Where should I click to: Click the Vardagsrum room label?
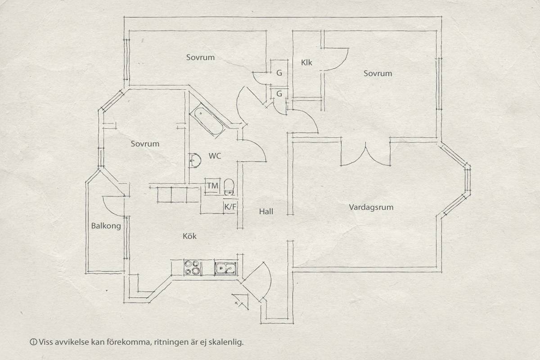pyautogui.click(x=371, y=207)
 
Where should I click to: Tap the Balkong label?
pyautogui.click(x=106, y=226)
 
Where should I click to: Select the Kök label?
pyautogui.click(x=189, y=236)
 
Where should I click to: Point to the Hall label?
pyautogui.click(x=266, y=211)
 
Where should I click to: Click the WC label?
pyautogui.click(x=215, y=156)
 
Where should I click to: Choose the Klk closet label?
pyautogui.click(x=306, y=63)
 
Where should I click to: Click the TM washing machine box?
pyautogui.click(x=212, y=186)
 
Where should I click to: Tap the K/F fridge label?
pyautogui.click(x=230, y=207)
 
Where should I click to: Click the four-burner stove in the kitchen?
pyautogui.click(x=192, y=267)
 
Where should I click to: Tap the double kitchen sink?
pyautogui.click(x=226, y=268)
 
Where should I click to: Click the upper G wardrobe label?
pyautogui.click(x=279, y=73)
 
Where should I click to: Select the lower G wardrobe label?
pyautogui.click(x=279, y=94)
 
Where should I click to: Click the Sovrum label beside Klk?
pyautogui.click(x=378, y=73)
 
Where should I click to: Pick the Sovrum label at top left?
pyautogui.click(x=200, y=58)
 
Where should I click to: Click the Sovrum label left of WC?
pyautogui.click(x=145, y=144)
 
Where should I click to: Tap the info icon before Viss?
pyautogui.click(x=33, y=342)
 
